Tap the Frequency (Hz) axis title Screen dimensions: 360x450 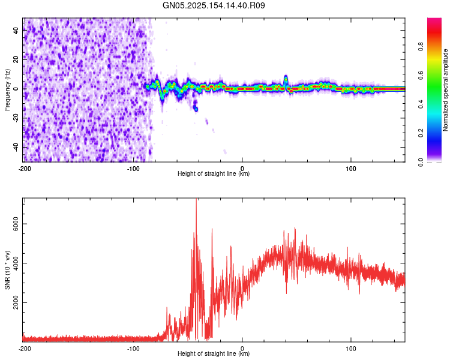coord(7,90)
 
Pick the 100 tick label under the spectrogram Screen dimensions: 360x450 coord(351,168)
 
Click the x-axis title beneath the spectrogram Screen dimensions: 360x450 coord(214,174)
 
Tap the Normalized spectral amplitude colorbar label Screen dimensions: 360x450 coord(445,90)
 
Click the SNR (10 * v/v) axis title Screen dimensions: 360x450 coord(7,270)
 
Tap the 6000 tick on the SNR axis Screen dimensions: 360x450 coord(13,224)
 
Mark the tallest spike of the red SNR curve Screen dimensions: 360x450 coord(196,200)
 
